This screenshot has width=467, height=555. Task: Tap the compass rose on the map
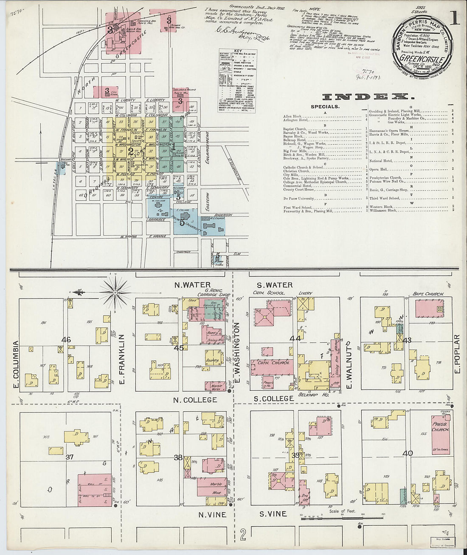pyautogui.click(x=115, y=292)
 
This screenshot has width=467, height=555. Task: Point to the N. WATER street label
pyautogui.click(x=192, y=285)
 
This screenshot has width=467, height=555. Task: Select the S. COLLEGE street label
pyautogui.click(x=274, y=398)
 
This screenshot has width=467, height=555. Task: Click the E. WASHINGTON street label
pyautogui.click(x=237, y=352)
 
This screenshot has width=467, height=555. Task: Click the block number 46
pyautogui.click(x=66, y=339)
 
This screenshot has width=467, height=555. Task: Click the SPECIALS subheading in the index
pyautogui.click(x=325, y=107)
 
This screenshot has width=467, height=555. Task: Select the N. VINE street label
pyautogui.click(x=212, y=515)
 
